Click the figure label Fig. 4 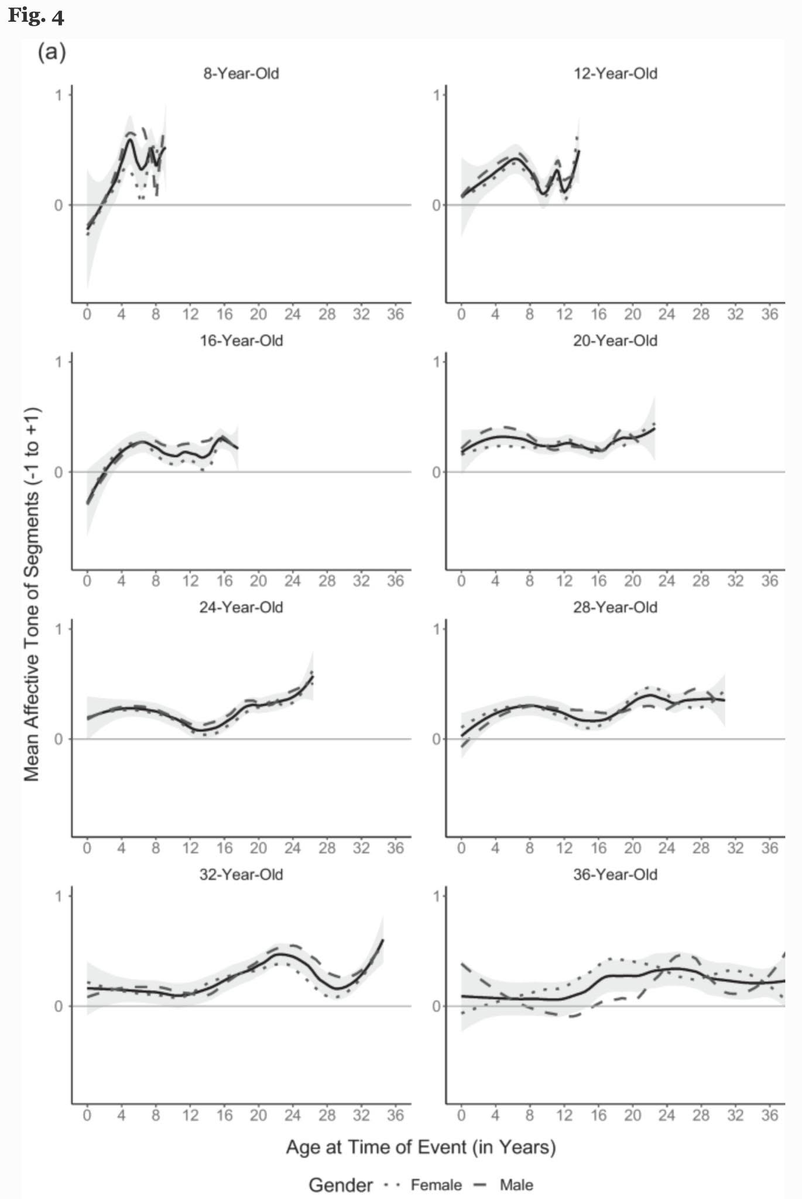click(x=36, y=16)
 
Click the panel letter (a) click(x=52, y=53)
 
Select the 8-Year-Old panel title click(x=241, y=74)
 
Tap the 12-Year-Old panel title click(x=615, y=74)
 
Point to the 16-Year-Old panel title click(x=241, y=341)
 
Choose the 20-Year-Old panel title click(x=615, y=341)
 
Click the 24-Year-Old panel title click(x=241, y=608)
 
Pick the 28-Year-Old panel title click(x=615, y=608)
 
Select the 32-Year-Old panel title click(x=241, y=875)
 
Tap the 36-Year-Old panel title click(x=615, y=875)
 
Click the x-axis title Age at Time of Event click(x=421, y=1147)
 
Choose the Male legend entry click(x=503, y=1186)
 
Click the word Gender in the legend click(x=341, y=1186)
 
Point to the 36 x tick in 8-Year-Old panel click(x=396, y=314)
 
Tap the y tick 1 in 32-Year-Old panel click(x=59, y=896)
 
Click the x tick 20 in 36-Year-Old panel click(x=632, y=1115)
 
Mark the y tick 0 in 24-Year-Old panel click(x=59, y=739)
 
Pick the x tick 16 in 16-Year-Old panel click(x=224, y=581)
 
